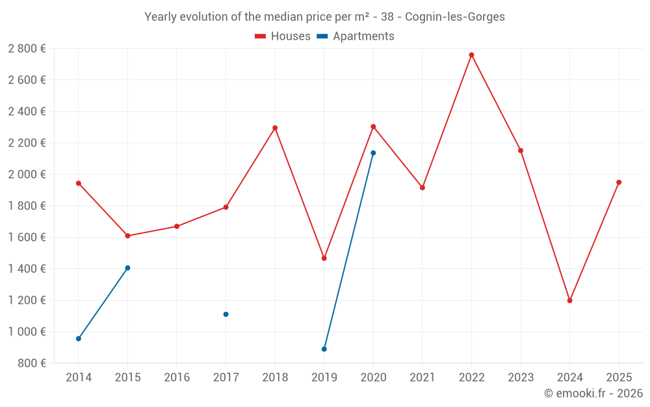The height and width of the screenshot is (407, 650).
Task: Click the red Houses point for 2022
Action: pyautogui.click(x=471, y=55)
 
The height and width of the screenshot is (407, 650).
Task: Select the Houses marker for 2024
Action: pyautogui.click(x=569, y=300)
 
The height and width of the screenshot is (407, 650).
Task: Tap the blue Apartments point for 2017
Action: pyautogui.click(x=226, y=314)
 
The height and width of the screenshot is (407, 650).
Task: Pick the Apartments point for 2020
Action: pyautogui.click(x=373, y=153)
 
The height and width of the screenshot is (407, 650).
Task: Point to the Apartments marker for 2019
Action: pyautogui.click(x=324, y=349)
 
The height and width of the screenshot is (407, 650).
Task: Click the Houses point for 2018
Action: pyautogui.click(x=275, y=128)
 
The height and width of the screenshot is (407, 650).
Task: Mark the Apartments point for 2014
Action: pyautogui.click(x=79, y=339)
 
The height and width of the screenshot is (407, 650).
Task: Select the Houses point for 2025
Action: pyautogui.click(x=619, y=182)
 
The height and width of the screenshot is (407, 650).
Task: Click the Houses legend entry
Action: pyautogui.click(x=283, y=36)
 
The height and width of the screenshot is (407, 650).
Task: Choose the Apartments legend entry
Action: pyautogui.click(x=356, y=36)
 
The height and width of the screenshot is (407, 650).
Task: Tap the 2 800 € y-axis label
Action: pyautogui.click(x=27, y=48)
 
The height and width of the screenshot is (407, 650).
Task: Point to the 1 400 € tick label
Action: pyautogui.click(x=27, y=268)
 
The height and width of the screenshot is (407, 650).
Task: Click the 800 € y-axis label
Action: pyautogui.click(x=31, y=363)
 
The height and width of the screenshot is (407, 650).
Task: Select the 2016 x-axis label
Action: pyautogui.click(x=177, y=377)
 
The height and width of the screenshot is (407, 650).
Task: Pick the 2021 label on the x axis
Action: pyautogui.click(x=422, y=377)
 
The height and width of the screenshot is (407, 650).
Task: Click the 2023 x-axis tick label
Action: pyautogui.click(x=520, y=377)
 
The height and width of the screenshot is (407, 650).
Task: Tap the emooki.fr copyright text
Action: pyautogui.click(x=593, y=393)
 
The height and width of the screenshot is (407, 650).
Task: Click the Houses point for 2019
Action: pyautogui.click(x=324, y=259)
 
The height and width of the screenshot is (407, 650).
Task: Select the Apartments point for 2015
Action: pyautogui.click(x=127, y=268)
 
